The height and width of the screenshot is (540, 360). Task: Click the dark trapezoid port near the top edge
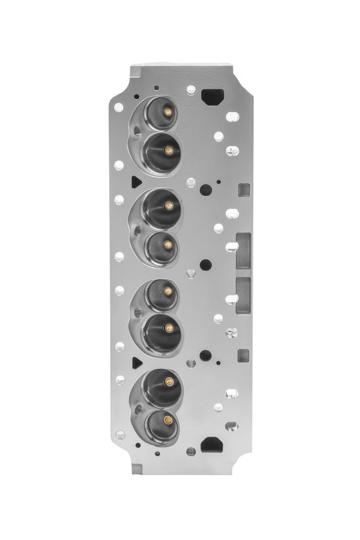point(213,95)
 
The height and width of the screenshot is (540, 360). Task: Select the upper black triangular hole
point(135,181)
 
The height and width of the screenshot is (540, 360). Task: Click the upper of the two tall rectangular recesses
point(242,250)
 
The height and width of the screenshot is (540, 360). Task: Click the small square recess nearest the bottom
point(244,354)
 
